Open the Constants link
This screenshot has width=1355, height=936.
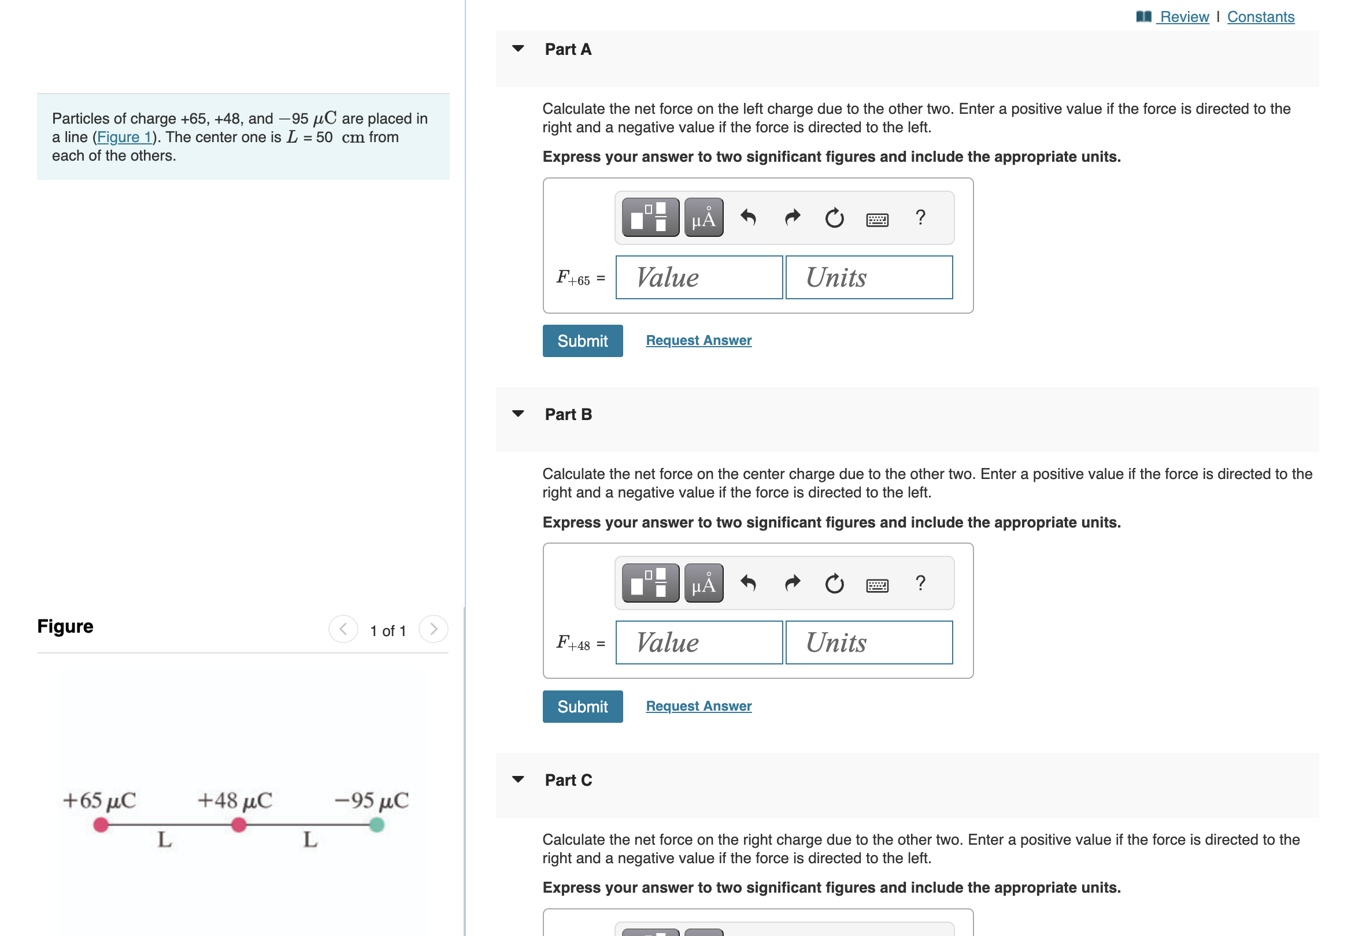tap(1260, 16)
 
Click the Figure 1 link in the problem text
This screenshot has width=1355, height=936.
tap(124, 138)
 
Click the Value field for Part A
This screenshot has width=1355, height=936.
tap(698, 277)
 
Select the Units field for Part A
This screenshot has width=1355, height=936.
tap(868, 277)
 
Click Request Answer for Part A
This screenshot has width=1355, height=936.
tap(698, 340)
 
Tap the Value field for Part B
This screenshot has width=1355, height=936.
tap(698, 642)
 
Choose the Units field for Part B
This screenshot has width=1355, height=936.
tap(868, 642)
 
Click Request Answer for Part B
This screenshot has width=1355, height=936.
tap(698, 706)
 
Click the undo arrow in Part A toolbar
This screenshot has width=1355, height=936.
tap(748, 218)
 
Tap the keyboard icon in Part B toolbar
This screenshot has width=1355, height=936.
tap(877, 585)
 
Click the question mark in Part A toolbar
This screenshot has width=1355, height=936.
tap(920, 218)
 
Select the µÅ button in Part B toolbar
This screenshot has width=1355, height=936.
tap(704, 584)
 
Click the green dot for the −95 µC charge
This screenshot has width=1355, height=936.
tap(377, 825)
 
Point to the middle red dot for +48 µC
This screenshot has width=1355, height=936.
tap(239, 825)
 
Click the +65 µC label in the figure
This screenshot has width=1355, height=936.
tap(99, 800)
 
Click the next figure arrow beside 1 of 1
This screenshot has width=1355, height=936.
tap(433, 629)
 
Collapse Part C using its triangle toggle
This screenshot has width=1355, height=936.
tap(517, 779)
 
